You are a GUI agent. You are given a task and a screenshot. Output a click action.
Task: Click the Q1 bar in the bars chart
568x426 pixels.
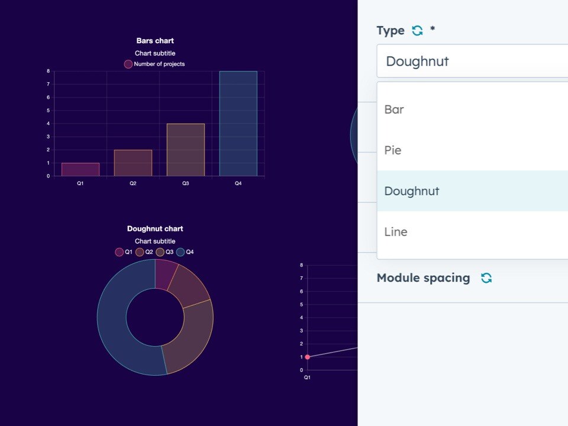click(x=80, y=169)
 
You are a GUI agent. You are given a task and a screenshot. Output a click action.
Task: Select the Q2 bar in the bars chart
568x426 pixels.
click(x=133, y=163)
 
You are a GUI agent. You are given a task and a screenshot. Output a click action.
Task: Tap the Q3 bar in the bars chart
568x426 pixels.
click(x=186, y=150)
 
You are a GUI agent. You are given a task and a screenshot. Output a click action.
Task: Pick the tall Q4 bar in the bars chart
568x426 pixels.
click(x=238, y=124)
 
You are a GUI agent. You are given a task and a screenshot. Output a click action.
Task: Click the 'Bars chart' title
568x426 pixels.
click(x=155, y=41)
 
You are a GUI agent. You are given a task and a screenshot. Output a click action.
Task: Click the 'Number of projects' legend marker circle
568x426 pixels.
click(x=128, y=64)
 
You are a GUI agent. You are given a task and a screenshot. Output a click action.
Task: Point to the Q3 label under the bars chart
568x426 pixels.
click(x=186, y=183)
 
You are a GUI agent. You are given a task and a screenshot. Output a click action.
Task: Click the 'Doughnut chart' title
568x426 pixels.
click(x=155, y=228)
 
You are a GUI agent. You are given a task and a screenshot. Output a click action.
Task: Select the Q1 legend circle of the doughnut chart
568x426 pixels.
click(x=119, y=252)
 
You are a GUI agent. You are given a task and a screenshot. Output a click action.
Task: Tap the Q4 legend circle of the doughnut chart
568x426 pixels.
click(x=180, y=252)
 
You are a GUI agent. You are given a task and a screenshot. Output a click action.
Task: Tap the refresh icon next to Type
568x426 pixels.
click(x=417, y=31)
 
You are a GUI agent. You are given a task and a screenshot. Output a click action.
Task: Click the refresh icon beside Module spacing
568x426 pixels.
click(x=486, y=278)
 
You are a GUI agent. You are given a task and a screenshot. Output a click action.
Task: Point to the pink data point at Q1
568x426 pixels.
click(x=307, y=357)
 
